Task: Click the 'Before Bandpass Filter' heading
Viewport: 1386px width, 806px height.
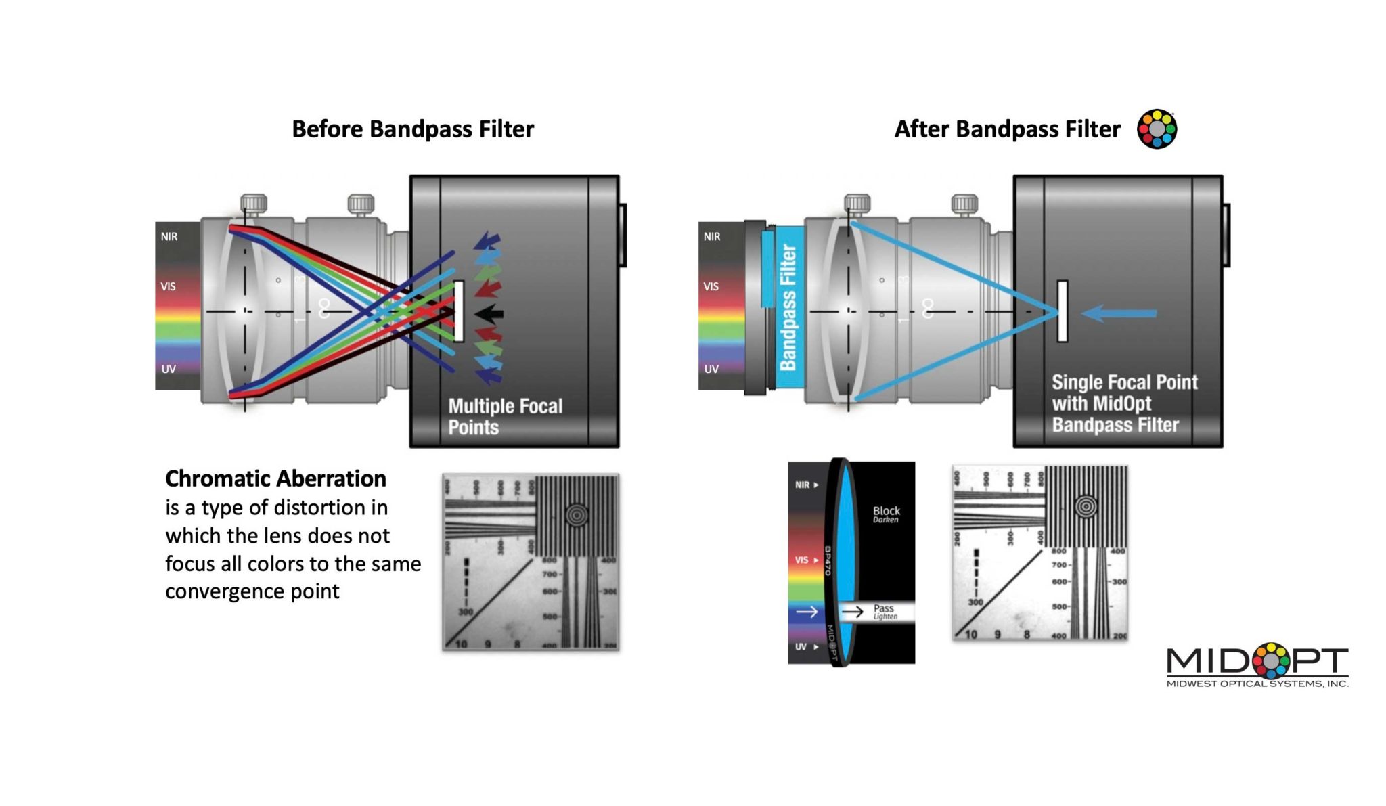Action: tap(412, 129)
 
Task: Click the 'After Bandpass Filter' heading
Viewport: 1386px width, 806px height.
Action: tap(1006, 129)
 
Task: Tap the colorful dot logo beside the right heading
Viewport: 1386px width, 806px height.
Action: tap(1157, 129)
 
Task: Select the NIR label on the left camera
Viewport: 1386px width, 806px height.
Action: tap(169, 237)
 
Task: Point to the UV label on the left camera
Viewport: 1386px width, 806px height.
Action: tap(169, 369)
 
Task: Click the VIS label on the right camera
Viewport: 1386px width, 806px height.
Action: tap(711, 286)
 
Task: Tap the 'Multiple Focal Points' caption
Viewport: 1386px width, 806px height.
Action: tap(505, 416)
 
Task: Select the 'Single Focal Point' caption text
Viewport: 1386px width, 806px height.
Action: tap(1124, 383)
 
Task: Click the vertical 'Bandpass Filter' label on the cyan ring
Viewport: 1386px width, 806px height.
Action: tap(788, 308)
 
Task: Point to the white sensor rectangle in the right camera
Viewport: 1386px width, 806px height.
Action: tap(1063, 311)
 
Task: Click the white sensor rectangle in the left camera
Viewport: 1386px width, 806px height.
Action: tap(459, 311)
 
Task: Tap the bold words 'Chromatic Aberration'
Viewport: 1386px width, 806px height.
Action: tap(275, 478)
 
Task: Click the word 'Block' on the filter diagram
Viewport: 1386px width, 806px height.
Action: tap(886, 511)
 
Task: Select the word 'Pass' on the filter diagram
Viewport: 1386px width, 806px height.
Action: tap(883, 608)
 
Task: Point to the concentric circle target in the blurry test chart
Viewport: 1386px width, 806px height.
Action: tap(577, 514)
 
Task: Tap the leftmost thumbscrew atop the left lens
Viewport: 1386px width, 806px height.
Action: tap(254, 203)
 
